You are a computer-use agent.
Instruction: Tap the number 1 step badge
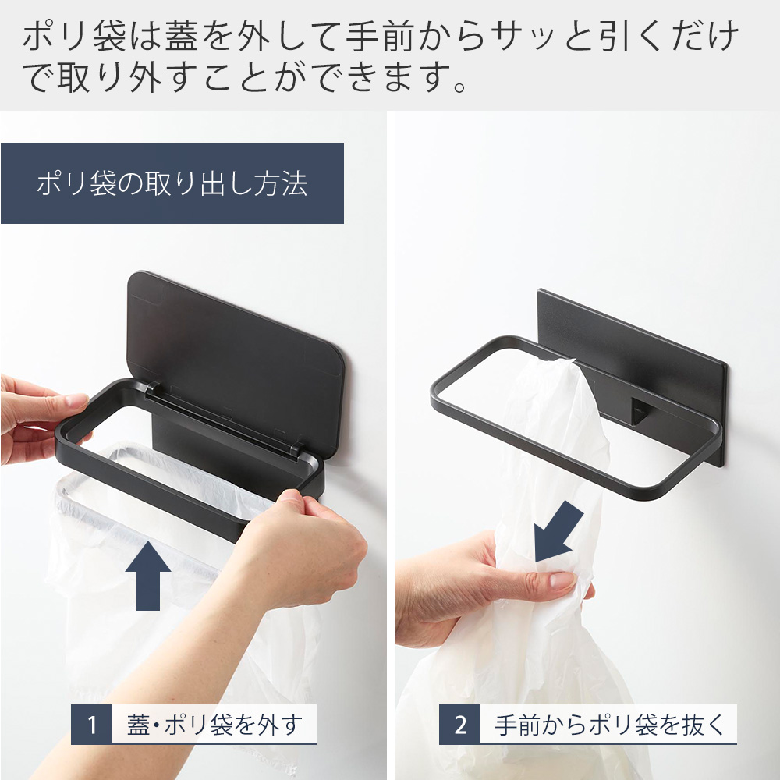tap(92, 725)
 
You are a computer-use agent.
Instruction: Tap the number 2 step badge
tap(460, 725)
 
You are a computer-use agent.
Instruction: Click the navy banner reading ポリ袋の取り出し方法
tap(172, 183)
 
